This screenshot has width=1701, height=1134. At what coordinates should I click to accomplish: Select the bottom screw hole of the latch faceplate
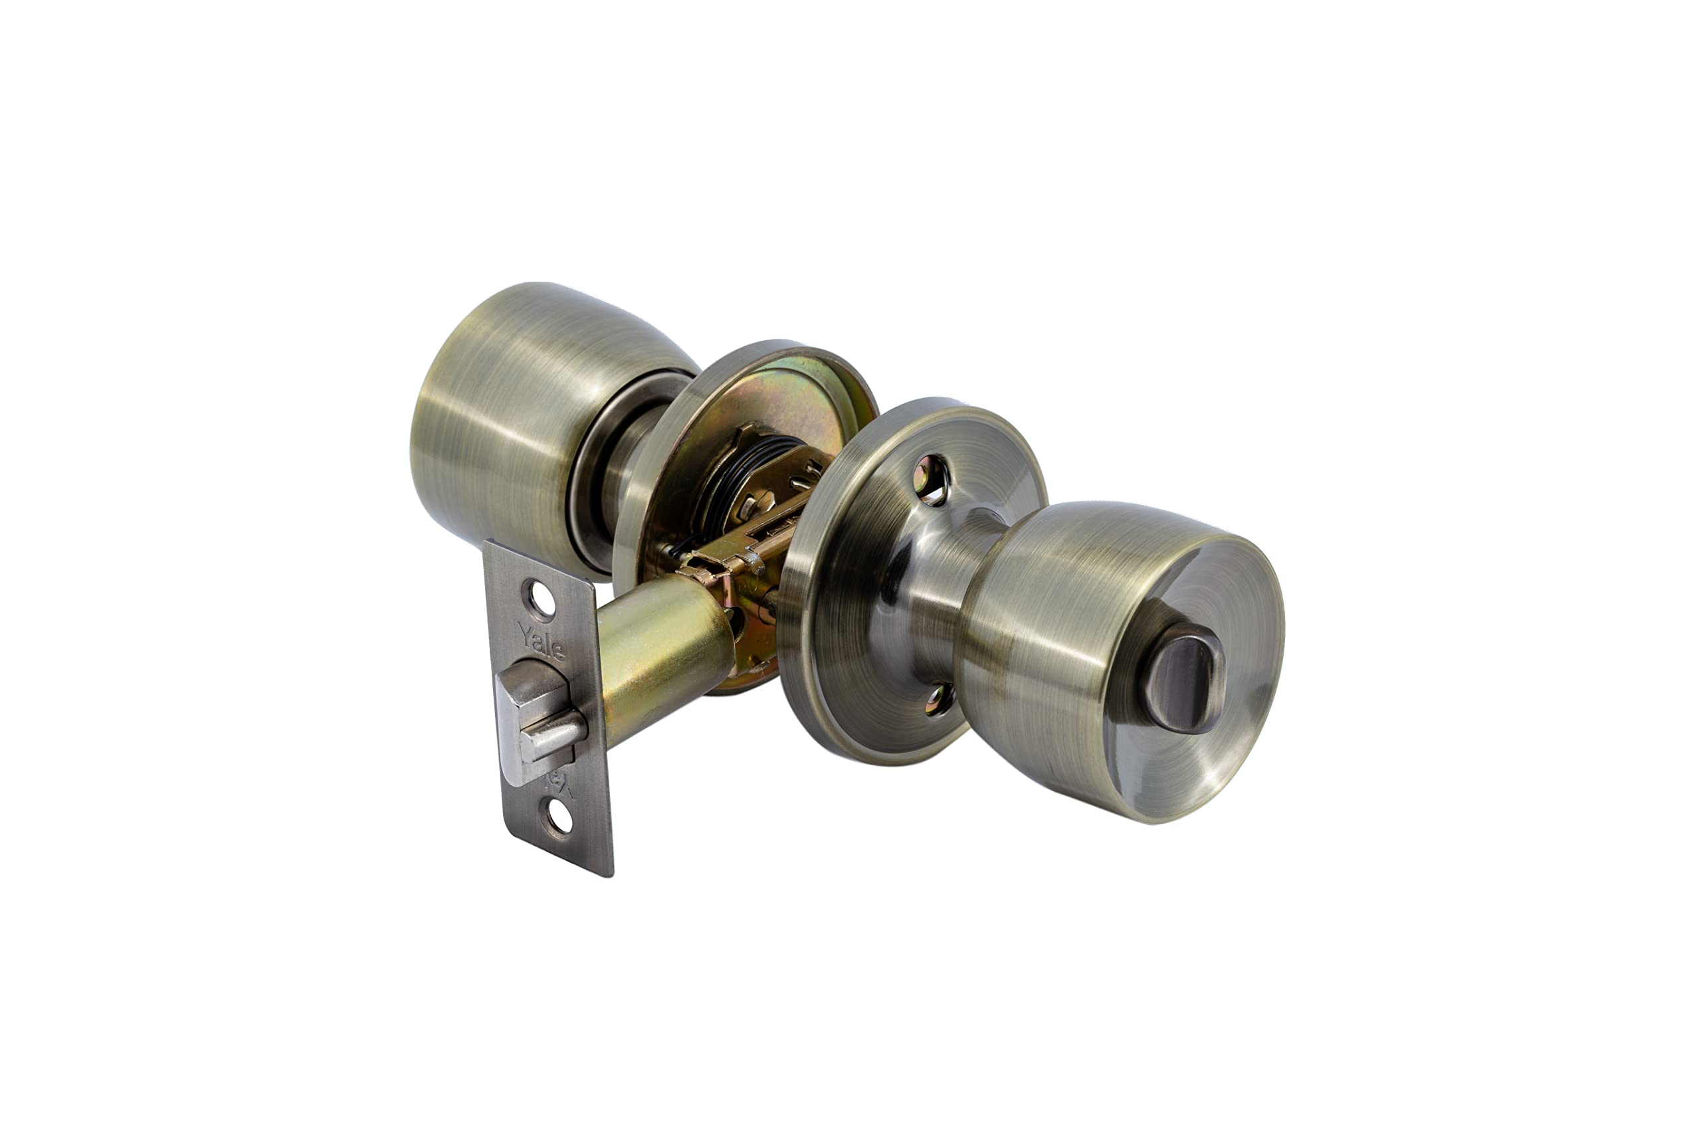pyautogui.click(x=559, y=818)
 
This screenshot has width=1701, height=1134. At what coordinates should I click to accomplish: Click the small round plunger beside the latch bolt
pyautogui.click(x=553, y=735)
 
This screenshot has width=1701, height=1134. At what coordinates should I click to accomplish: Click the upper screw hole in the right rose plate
pyautogui.click(x=931, y=480)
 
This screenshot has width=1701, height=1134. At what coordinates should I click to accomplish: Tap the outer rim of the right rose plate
pyautogui.click(x=803, y=636)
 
